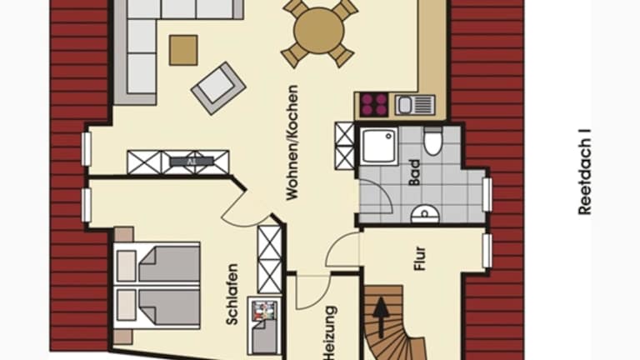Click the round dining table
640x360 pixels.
pyautogui.click(x=319, y=31)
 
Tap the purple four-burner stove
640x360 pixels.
pyautogui.click(x=373, y=105)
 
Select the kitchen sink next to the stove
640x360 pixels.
pyautogui.click(x=415, y=105)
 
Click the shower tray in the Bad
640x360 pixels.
pyautogui.click(x=379, y=146)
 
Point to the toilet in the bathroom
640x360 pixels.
pyautogui.click(x=432, y=141)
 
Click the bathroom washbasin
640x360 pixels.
pyautogui.click(x=425, y=214)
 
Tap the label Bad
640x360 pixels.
pyautogui.click(x=414, y=172)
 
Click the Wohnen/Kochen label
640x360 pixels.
pyautogui.click(x=292, y=142)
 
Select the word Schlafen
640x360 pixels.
pyautogui.click(x=232, y=294)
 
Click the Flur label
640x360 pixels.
pyautogui.click(x=420, y=258)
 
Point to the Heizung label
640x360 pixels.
pyautogui.click(x=329, y=332)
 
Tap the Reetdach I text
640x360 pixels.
pyautogui.click(x=584, y=172)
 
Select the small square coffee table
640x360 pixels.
pyautogui.click(x=183, y=50)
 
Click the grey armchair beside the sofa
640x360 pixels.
pyautogui.click(x=218, y=87)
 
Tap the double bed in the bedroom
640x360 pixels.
pyautogui.click(x=157, y=285)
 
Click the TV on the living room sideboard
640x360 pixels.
pyautogui.click(x=192, y=161)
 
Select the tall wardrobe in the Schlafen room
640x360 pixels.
pyautogui.click(x=270, y=260)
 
